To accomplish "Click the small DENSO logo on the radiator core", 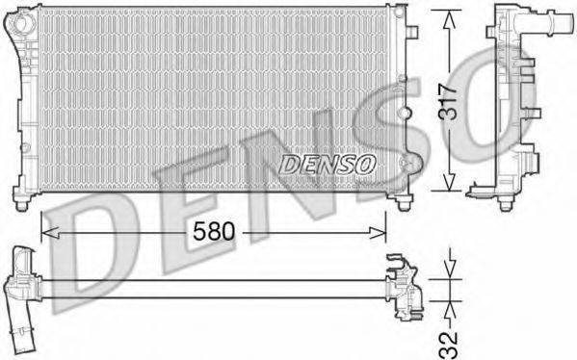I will pyautogui.click(x=327, y=165).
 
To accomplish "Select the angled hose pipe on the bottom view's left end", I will pyautogui.click(x=20, y=308).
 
